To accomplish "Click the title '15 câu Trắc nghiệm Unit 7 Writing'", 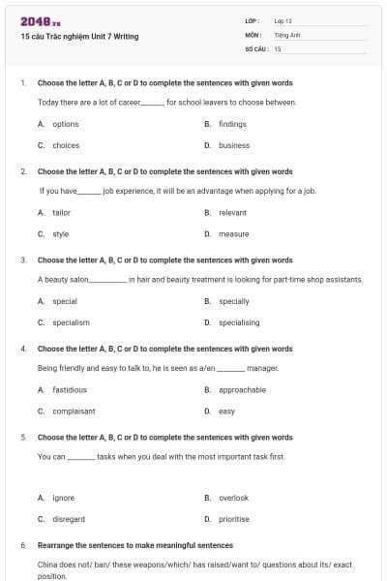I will [x=79, y=37].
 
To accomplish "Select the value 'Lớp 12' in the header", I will [x=283, y=20].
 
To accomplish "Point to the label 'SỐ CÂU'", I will [x=254, y=47].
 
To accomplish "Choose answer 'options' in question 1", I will [x=66, y=124].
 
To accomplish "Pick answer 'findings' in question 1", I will [x=233, y=124].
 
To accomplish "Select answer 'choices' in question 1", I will [x=66, y=145].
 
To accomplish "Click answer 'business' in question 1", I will [x=234, y=145].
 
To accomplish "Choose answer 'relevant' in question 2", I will [x=233, y=212].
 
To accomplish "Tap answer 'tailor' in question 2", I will [x=61, y=212].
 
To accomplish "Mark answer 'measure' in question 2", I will [x=234, y=233].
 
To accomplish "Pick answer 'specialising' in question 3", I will [x=239, y=322].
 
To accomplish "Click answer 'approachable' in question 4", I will [x=242, y=389].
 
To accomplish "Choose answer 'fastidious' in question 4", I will [x=70, y=389].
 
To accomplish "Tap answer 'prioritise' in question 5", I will [x=234, y=518].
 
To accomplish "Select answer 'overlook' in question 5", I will [x=234, y=498].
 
